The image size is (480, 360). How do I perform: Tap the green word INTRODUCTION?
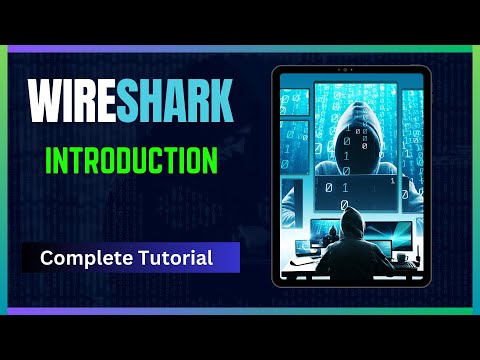pos(131,160)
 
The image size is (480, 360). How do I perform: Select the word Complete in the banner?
pos(82,258)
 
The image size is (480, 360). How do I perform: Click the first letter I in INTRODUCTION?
pos(50,160)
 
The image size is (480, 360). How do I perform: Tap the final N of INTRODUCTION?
pos(208,160)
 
